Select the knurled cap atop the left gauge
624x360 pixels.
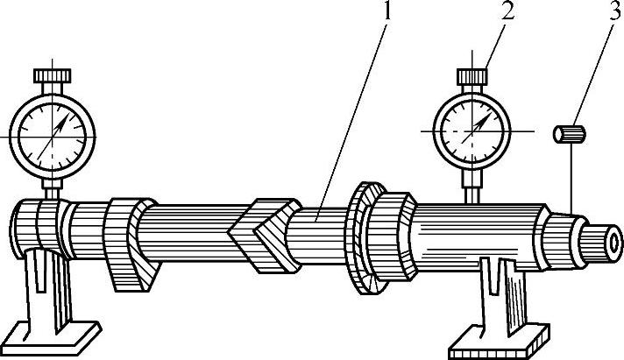53,76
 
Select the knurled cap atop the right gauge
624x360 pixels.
474,77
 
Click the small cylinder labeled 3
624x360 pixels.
569,134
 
